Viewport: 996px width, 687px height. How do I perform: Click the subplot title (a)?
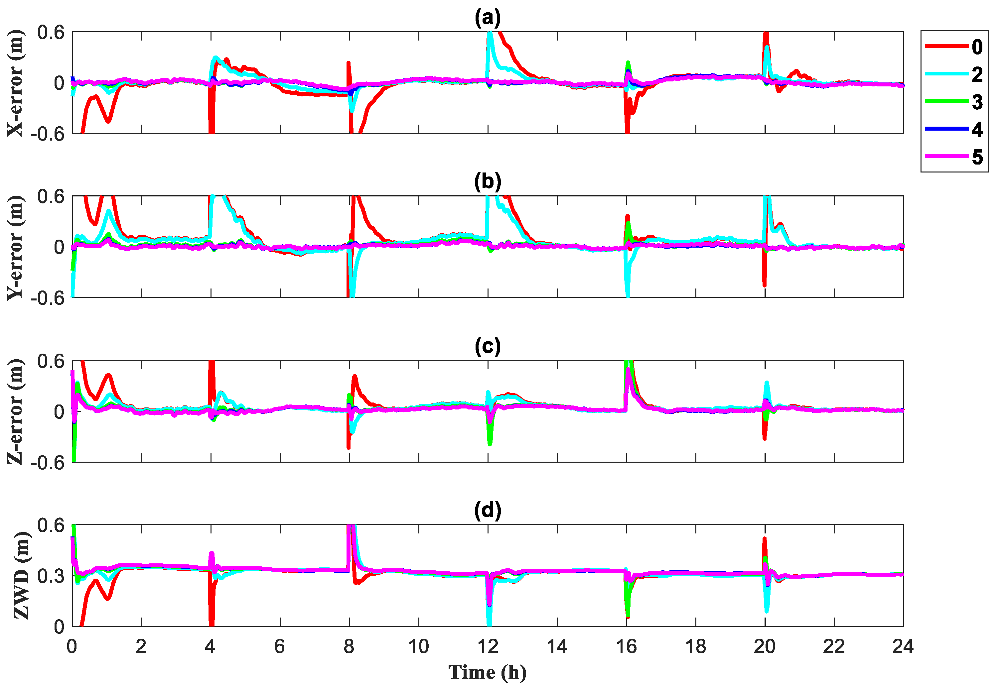(488, 18)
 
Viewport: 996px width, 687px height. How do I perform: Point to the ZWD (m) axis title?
(22, 576)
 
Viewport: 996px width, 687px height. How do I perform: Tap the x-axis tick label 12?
(488, 646)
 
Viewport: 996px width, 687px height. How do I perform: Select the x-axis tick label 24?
(903, 646)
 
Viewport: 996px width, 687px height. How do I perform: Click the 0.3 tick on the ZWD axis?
(50, 576)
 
